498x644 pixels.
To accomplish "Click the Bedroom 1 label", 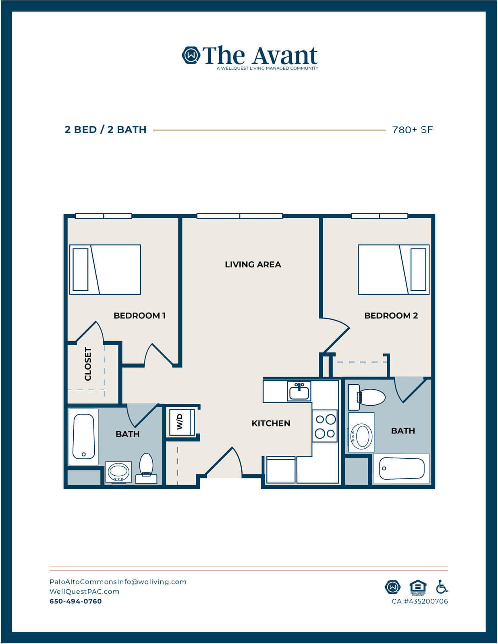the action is click(139, 316).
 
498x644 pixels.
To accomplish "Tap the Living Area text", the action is click(253, 264).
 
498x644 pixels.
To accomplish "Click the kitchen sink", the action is click(299, 391).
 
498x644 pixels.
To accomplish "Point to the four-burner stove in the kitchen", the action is click(325, 426).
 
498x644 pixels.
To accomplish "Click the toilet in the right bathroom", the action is click(366, 397).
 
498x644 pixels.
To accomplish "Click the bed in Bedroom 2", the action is click(394, 269).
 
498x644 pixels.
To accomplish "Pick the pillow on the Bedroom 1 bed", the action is click(80, 269).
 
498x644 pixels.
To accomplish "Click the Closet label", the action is click(88, 364).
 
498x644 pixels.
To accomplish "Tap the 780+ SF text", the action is click(412, 130).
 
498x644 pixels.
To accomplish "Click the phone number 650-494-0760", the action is click(76, 601).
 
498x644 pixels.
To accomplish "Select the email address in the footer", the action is click(118, 582).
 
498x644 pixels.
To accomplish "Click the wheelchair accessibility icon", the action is click(442, 587).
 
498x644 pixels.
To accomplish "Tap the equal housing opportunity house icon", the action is click(418, 587).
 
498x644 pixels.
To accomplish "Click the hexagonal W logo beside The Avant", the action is click(191, 55).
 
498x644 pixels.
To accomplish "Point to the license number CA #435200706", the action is click(420, 601).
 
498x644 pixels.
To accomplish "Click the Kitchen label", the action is click(271, 423).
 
